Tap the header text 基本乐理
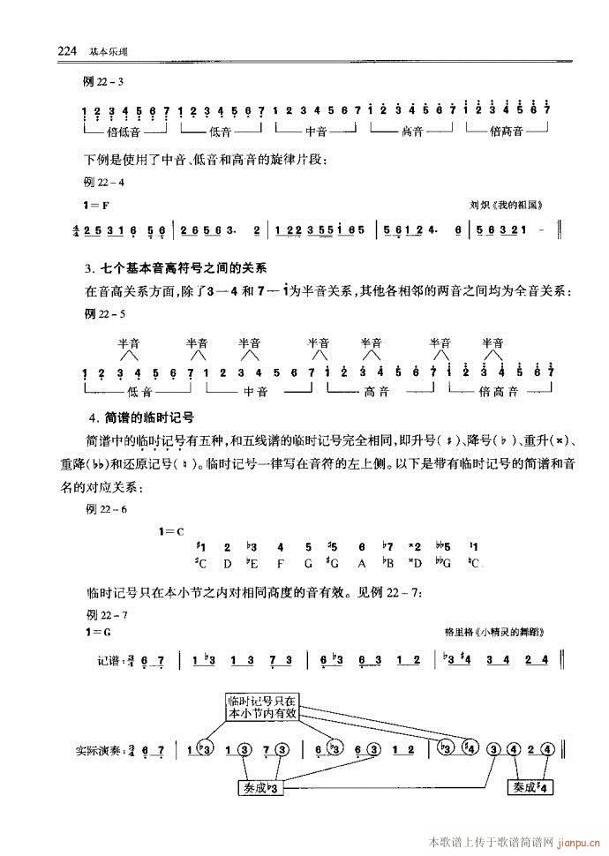[x=108, y=51]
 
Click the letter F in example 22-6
[x=280, y=563]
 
